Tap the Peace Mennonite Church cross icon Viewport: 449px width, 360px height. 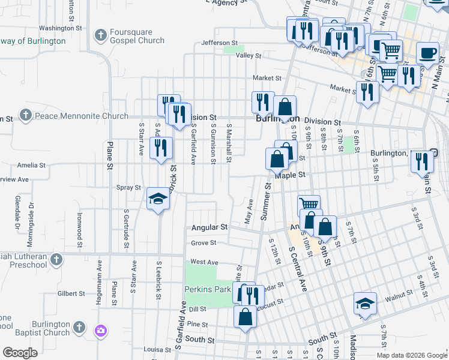pyautogui.click(x=25, y=115)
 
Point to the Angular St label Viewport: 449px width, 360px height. pyautogui.click(x=209, y=227)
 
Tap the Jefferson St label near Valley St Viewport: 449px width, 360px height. pyautogui.click(x=220, y=43)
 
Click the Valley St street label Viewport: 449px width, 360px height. pyautogui.click(x=249, y=55)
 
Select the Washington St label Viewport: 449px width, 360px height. pyautogui.click(x=59, y=28)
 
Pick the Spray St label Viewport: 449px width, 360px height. pyautogui.click(x=128, y=188)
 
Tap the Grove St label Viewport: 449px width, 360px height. pyautogui.click(x=203, y=243)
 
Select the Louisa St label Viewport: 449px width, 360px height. pyautogui.click(x=158, y=349)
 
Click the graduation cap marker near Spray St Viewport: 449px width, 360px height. pyautogui.click(x=158, y=197)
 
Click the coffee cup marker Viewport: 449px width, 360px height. pyautogui.click(x=427, y=53)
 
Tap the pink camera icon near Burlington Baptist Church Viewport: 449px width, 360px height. pyautogui.click(x=100, y=330)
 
